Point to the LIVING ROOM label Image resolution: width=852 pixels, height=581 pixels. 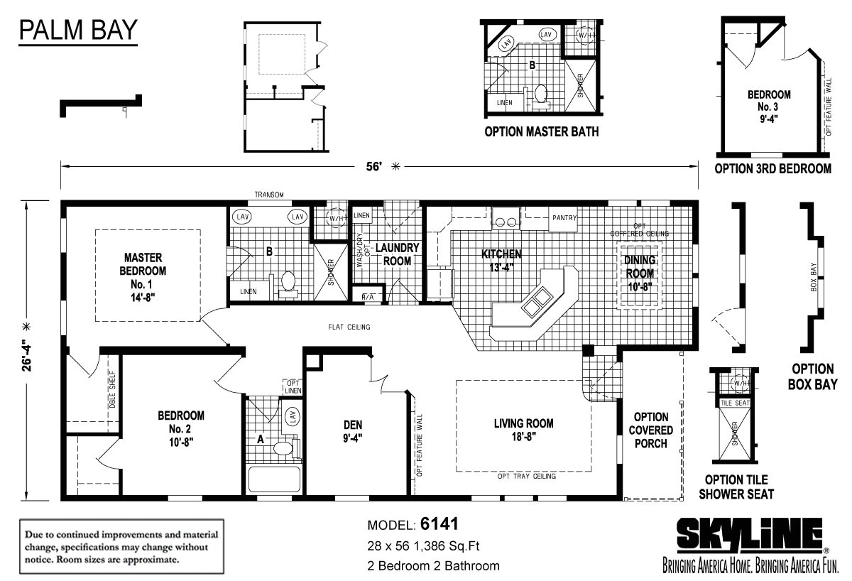pyautogui.click(x=523, y=429)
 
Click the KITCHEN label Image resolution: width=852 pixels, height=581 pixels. pyautogui.click(x=501, y=260)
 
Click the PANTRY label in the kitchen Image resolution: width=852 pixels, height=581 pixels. pyautogui.click(x=564, y=218)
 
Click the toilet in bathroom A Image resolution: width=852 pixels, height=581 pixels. pyautogui.click(x=283, y=449)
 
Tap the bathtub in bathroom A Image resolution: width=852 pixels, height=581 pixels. pyautogui.click(x=273, y=479)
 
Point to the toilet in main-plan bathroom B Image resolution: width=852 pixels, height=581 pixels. pyautogui.click(x=289, y=282)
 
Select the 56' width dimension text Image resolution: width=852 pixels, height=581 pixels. pyautogui.click(x=374, y=166)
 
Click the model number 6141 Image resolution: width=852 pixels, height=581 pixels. pyautogui.click(x=439, y=524)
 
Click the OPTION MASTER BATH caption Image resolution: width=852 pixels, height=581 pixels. pyautogui.click(x=541, y=131)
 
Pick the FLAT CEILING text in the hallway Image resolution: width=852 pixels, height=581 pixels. pyautogui.click(x=349, y=327)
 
